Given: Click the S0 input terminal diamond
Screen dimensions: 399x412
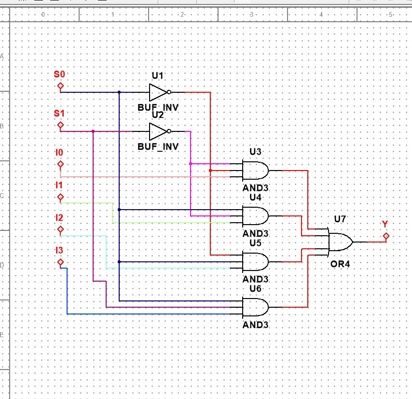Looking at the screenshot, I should pyautogui.click(x=60, y=86).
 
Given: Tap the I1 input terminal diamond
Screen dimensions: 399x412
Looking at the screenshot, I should pyautogui.click(x=60, y=197).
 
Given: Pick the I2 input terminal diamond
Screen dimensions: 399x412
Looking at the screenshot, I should pyautogui.click(x=60, y=230).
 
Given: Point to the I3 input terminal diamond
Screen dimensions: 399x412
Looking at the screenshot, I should pyautogui.click(x=60, y=262).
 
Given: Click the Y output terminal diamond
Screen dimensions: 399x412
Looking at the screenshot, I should pyautogui.click(x=385, y=236).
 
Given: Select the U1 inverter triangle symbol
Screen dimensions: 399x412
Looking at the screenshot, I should pyautogui.click(x=158, y=92).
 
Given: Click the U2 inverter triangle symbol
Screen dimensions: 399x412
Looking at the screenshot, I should pyautogui.click(x=158, y=131).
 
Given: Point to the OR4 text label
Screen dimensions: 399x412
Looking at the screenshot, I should pyautogui.click(x=340, y=264).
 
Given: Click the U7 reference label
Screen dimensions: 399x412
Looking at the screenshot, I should pyautogui.click(x=340, y=219).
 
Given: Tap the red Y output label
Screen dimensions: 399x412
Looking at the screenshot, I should pyautogui.click(x=385, y=224).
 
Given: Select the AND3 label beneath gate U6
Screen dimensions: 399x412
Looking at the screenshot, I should pyautogui.click(x=255, y=325).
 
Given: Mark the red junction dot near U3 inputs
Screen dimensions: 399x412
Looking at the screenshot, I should pyautogui.click(x=210, y=171).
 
